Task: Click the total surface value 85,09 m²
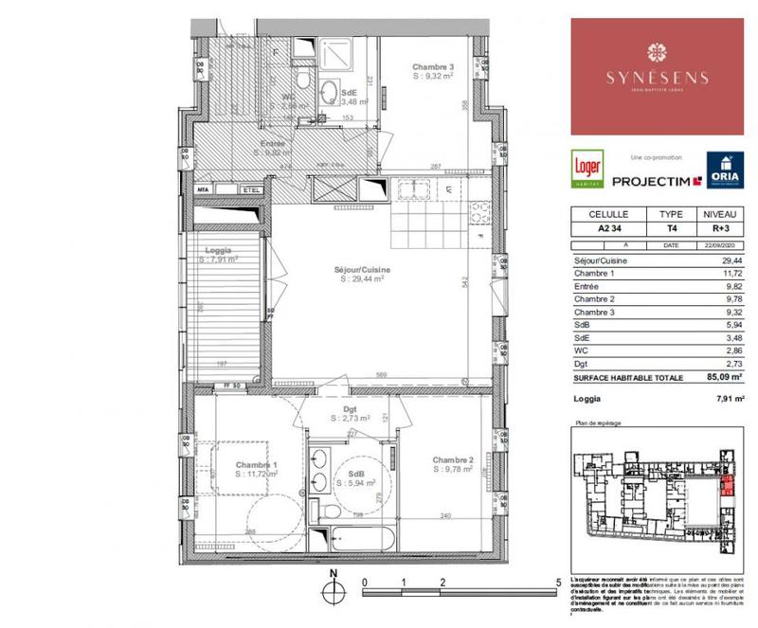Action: click(728, 377)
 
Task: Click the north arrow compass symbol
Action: click(333, 589)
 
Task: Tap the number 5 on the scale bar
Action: click(559, 583)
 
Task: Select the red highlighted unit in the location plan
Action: click(727, 488)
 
